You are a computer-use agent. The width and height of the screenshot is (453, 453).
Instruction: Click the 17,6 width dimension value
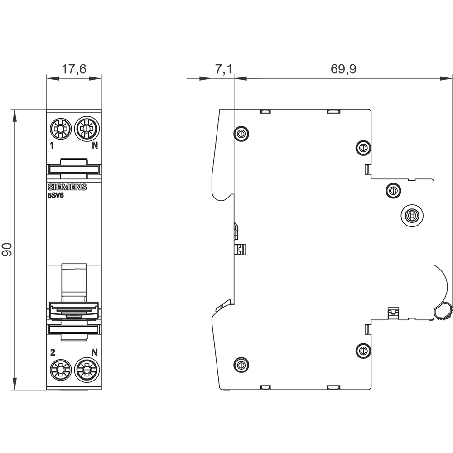coord(74,69)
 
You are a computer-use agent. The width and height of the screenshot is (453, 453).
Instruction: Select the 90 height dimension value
coord(7,250)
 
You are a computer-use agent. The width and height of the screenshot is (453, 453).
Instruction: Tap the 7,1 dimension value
coord(224,69)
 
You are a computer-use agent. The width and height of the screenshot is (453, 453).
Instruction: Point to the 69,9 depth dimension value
coord(343,69)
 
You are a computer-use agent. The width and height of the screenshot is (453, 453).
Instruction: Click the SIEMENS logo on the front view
coord(67,187)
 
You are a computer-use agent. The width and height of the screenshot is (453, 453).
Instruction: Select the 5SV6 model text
coord(56,195)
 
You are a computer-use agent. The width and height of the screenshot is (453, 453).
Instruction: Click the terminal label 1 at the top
coord(52,145)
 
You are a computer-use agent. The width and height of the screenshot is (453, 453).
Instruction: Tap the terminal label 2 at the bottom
coord(53,353)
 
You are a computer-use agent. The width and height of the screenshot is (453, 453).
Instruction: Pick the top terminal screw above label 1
coord(60,128)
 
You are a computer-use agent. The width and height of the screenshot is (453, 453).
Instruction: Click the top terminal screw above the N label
coord(87,128)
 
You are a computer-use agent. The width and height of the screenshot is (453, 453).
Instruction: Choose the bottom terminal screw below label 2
coord(61,370)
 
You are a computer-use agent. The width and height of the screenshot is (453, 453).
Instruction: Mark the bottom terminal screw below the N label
coord(87,370)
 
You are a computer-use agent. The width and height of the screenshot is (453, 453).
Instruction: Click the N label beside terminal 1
coord(95,145)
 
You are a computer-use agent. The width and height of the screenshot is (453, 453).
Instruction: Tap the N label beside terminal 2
coord(95,352)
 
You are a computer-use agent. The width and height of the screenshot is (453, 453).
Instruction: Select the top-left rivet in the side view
coord(241,134)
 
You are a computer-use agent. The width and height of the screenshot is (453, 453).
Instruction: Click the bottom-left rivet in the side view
coord(241,365)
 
